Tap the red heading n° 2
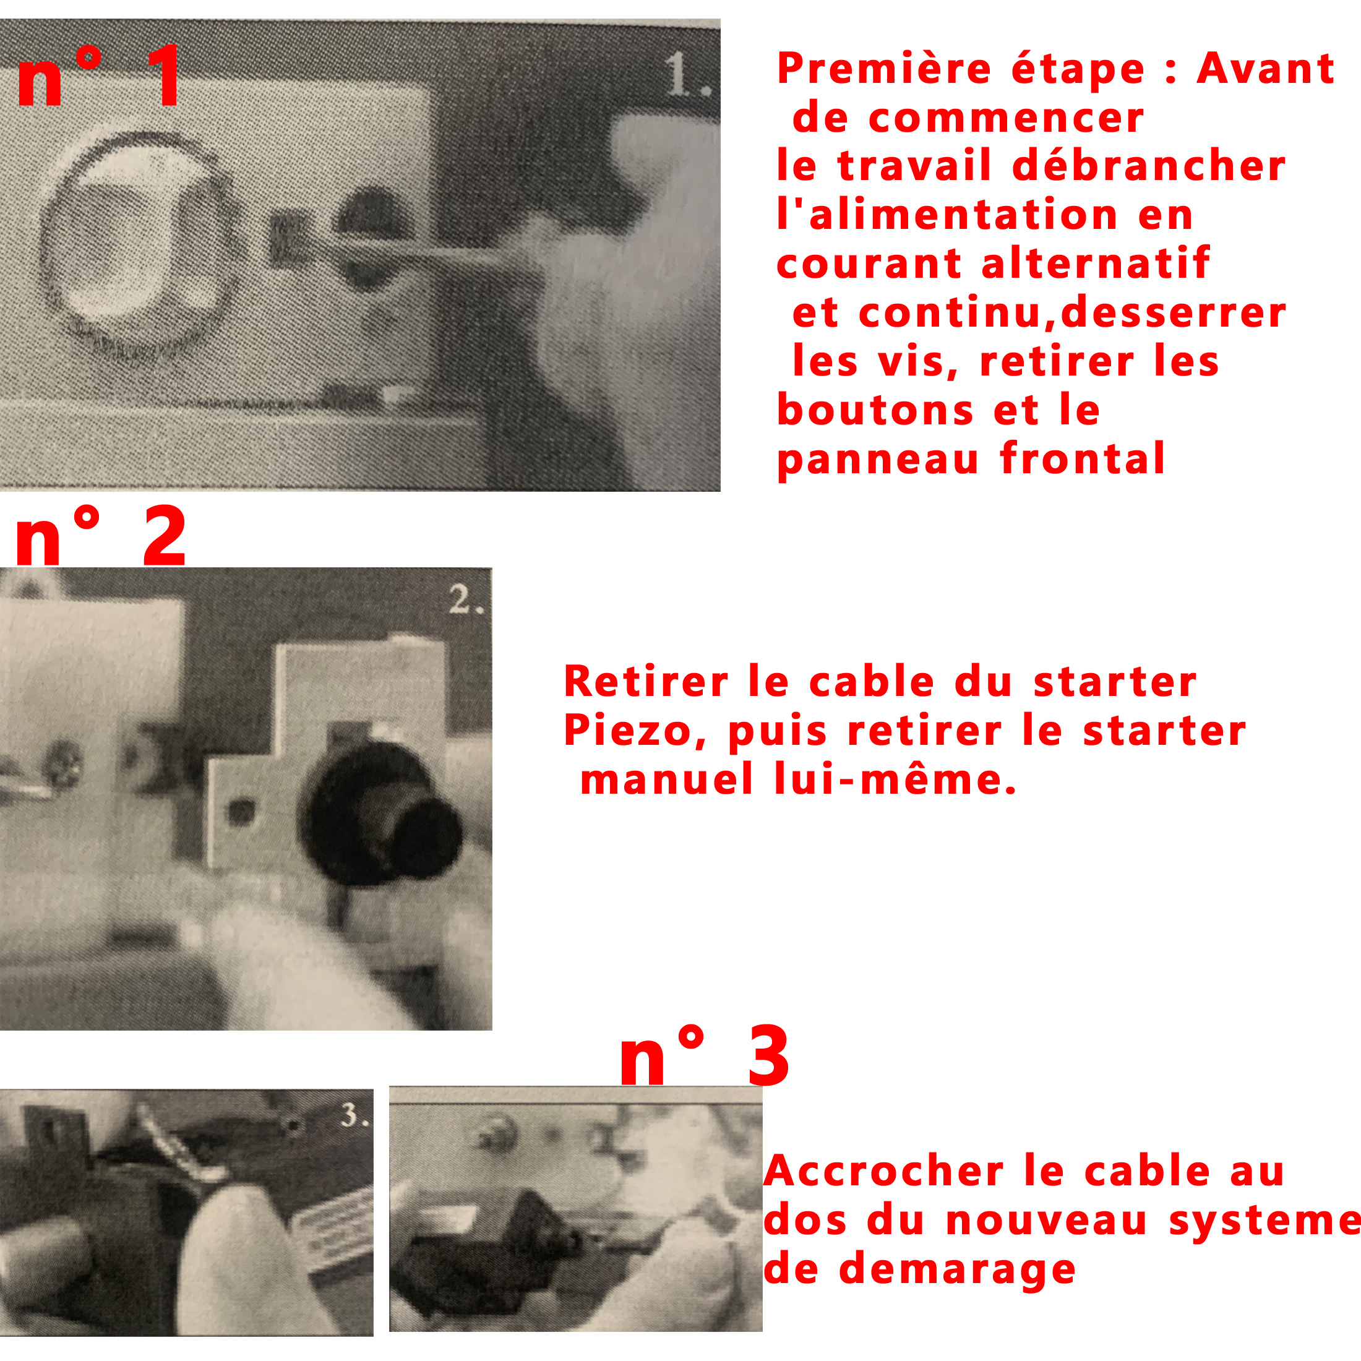click(x=100, y=537)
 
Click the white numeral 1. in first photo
click(x=685, y=74)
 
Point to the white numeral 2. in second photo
click(x=466, y=601)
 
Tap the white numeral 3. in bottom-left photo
click(x=354, y=1115)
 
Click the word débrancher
click(x=1148, y=166)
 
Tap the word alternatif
click(x=1096, y=264)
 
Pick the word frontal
click(x=1082, y=458)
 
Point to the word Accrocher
click(x=883, y=1172)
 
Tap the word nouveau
click(x=1046, y=1220)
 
